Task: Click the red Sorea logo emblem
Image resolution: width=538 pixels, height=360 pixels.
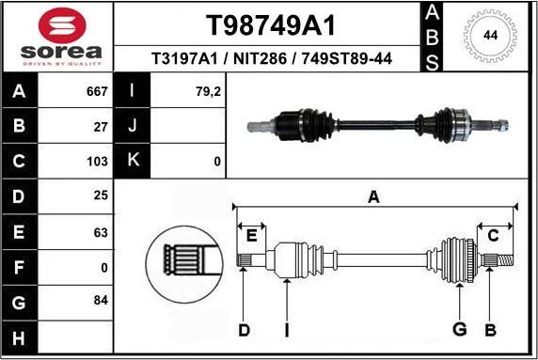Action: (x=56, y=23)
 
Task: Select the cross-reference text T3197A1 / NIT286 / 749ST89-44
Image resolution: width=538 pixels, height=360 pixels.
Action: (x=271, y=59)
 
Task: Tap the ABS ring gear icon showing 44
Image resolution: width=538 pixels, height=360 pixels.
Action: (x=490, y=36)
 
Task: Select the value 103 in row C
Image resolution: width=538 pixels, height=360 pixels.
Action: (x=98, y=161)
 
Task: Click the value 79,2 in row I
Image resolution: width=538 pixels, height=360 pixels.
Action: (x=209, y=91)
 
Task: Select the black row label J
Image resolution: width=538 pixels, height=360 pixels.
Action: (x=132, y=126)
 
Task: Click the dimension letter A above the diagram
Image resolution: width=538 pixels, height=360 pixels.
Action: (x=373, y=196)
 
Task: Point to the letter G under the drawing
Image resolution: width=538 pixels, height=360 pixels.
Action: (x=460, y=329)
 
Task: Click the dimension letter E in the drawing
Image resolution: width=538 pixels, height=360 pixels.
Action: (x=250, y=235)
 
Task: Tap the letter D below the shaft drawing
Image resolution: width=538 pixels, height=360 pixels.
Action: (x=244, y=330)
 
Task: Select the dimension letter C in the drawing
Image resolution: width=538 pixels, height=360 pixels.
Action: (x=493, y=235)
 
